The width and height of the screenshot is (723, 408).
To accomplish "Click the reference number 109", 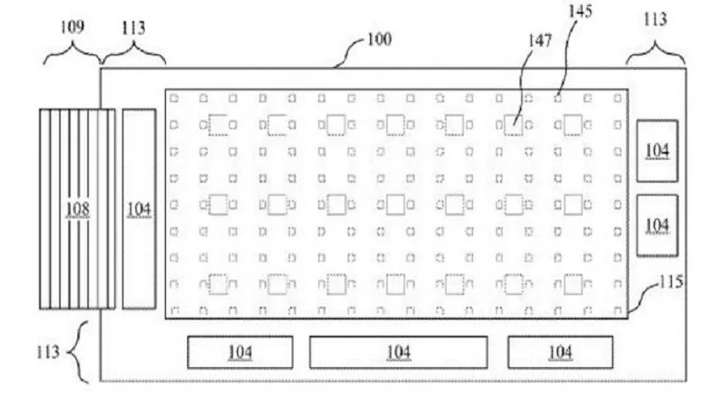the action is tap(72, 27).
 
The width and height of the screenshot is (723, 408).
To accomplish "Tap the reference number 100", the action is tap(379, 39).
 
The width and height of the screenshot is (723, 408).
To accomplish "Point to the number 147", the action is tap(539, 41).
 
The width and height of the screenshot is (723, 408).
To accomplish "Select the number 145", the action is tap(580, 11).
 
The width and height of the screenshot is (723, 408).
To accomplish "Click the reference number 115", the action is tap(671, 281).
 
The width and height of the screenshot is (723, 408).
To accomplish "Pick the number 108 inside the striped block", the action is tap(77, 209).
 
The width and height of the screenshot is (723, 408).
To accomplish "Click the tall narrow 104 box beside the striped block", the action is tap(139, 209).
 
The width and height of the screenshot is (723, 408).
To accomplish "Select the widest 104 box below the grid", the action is tap(398, 352).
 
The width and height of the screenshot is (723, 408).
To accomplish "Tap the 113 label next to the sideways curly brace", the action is tap(48, 352).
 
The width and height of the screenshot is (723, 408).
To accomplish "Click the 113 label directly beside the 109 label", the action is tap(134, 28).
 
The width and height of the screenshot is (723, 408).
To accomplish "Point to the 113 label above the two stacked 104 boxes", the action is tap(655, 20).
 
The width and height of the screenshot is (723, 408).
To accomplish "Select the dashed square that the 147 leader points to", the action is tap(513, 125).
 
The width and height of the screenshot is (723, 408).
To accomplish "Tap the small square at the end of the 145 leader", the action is tap(558, 99).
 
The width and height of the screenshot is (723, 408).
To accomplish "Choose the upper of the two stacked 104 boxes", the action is tap(658, 150).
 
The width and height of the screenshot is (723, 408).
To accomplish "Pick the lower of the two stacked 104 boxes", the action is tap(658, 225).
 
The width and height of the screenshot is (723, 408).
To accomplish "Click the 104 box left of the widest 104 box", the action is tap(240, 352).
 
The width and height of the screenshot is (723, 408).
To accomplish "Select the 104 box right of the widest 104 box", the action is tap(561, 352).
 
